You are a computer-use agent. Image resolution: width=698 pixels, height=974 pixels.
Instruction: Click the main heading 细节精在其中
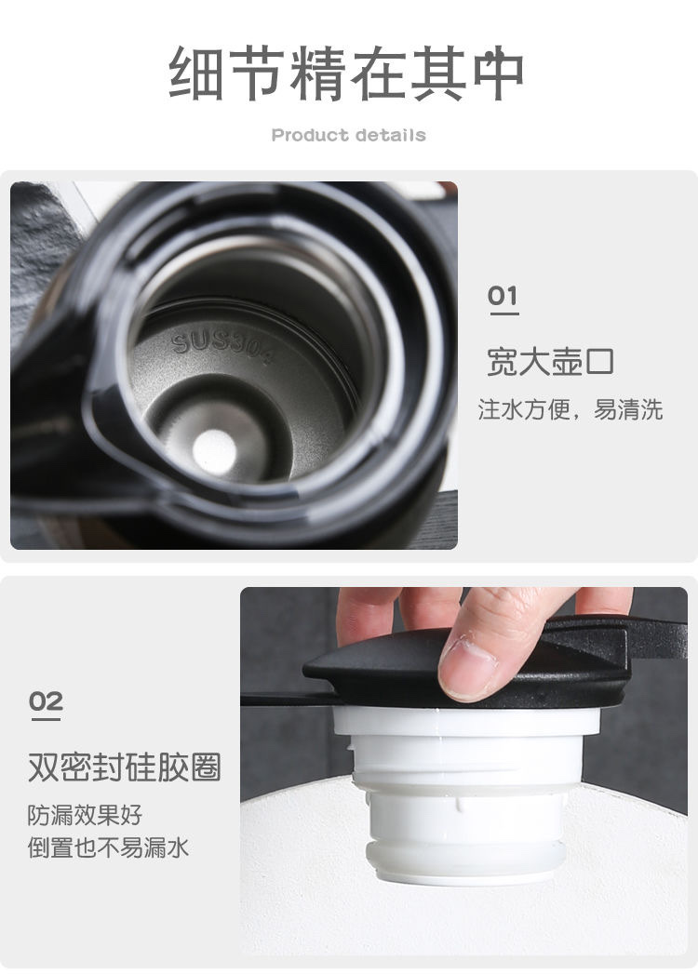click(346, 73)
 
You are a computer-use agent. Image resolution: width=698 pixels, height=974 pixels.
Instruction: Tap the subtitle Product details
click(349, 135)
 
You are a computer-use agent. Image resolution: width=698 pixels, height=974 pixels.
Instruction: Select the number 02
click(46, 701)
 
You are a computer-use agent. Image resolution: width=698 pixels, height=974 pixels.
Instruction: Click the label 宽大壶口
click(550, 362)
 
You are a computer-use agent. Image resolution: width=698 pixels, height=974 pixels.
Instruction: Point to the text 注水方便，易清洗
click(570, 410)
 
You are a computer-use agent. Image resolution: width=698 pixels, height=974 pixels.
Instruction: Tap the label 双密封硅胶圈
click(125, 767)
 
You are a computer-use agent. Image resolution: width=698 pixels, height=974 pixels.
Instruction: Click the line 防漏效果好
click(85, 815)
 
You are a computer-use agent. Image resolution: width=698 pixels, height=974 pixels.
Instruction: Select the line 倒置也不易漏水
click(108, 847)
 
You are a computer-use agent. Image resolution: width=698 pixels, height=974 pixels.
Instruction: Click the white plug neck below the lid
click(466, 795)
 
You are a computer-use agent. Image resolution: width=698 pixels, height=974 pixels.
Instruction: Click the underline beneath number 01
click(504, 314)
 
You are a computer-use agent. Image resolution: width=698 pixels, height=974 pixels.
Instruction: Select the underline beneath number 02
click(46, 719)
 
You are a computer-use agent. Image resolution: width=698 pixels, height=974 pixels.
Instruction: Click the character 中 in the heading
click(499, 73)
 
